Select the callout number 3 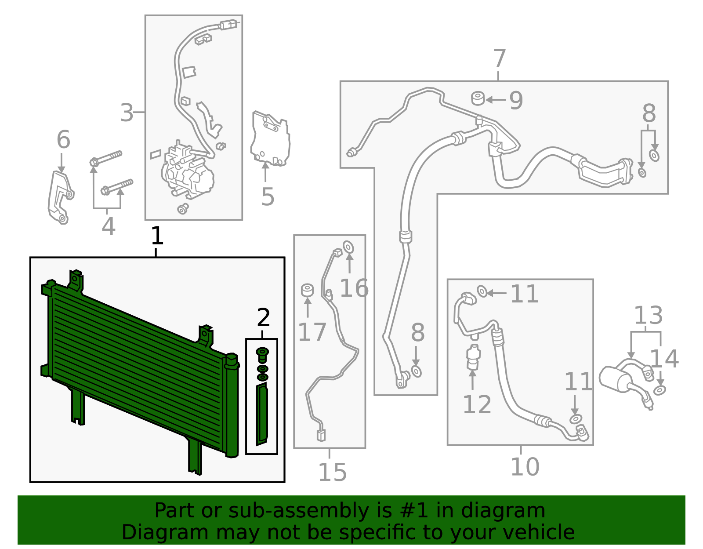click(127, 113)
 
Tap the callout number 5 click(268, 196)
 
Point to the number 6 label click(63, 139)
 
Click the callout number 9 click(516, 100)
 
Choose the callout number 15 click(333, 473)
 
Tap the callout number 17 click(312, 332)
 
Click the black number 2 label click(263, 317)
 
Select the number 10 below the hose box click(525, 466)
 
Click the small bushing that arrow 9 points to click(478, 98)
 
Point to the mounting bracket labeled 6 click(61, 197)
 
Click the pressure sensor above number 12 click(473, 357)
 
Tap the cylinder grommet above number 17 click(307, 290)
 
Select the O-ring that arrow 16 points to click(348, 247)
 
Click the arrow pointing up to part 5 click(265, 172)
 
